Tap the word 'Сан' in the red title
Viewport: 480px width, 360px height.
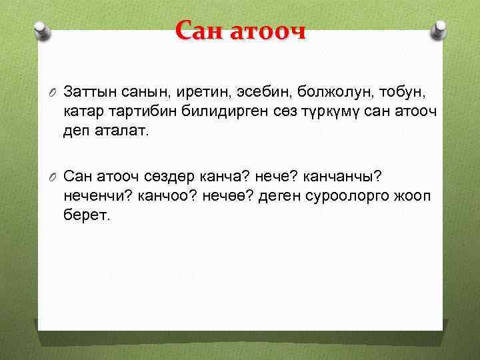[x=201, y=31]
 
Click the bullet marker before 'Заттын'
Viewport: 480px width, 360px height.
[x=54, y=90]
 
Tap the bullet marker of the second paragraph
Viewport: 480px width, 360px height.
[x=54, y=177]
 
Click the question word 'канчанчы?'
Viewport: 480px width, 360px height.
[x=339, y=177]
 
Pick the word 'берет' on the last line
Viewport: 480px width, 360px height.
[x=84, y=217]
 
